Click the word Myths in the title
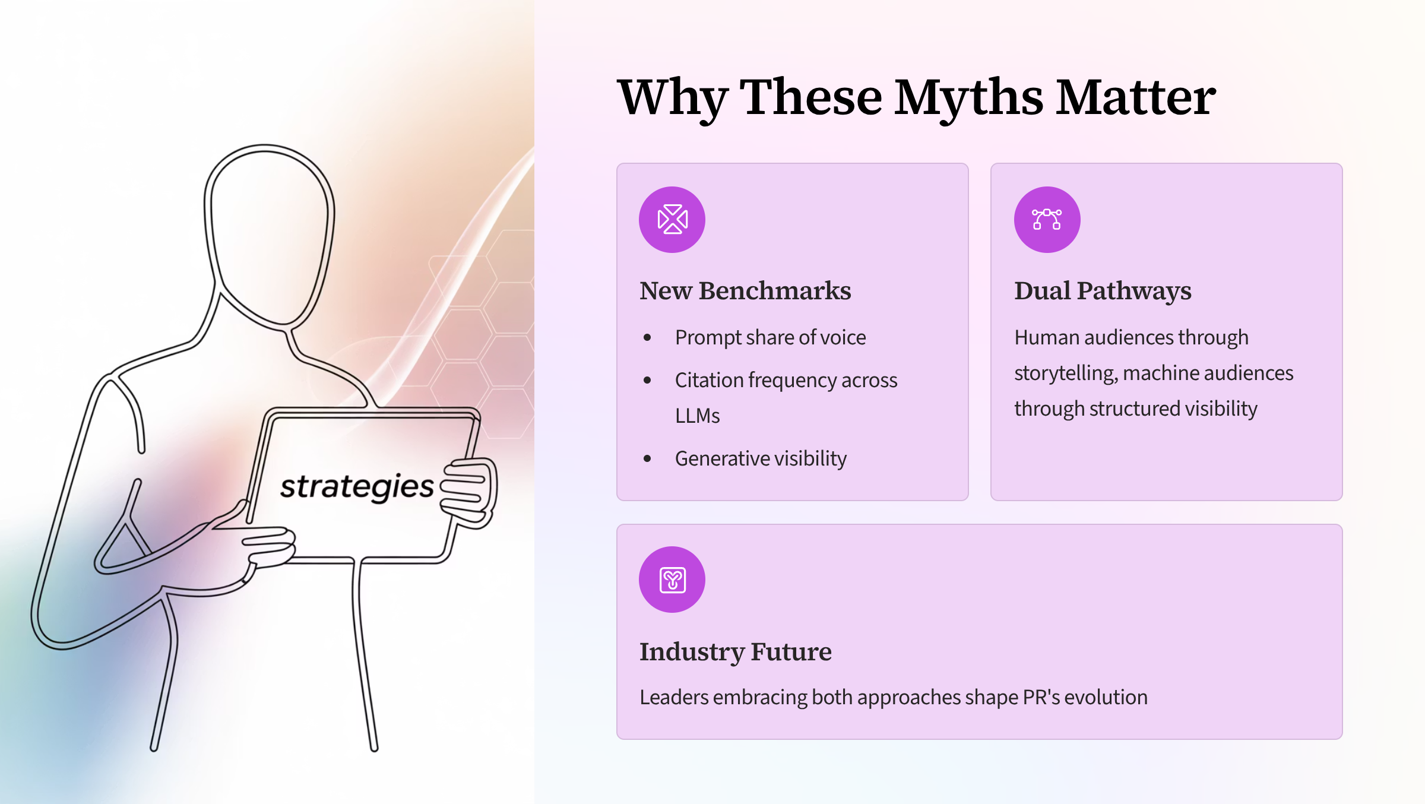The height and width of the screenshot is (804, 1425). pos(968,99)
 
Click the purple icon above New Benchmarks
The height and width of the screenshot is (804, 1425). pos(672,220)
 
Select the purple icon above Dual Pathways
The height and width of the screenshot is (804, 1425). pos(1047,220)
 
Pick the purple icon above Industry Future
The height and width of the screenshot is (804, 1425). pos(672,580)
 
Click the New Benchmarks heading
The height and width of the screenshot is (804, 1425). pos(745,291)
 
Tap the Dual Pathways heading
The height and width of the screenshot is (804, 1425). pos(1103,292)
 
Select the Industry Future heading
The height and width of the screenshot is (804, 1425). pos(736,652)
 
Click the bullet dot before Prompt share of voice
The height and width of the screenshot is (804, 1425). pos(647,338)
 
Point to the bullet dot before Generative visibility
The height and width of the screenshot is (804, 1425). pos(647,458)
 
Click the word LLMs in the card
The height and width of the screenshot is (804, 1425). pos(698,416)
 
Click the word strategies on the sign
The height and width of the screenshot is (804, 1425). pos(357,488)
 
